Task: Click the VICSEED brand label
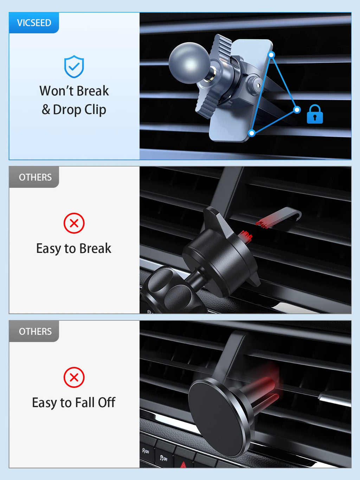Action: [34, 23]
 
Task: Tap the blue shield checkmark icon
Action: [74, 66]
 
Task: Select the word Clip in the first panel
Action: [95, 110]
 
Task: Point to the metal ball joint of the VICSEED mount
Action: [189, 63]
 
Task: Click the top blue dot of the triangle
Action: [271, 55]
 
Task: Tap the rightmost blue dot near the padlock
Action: [297, 110]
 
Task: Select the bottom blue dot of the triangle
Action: [252, 133]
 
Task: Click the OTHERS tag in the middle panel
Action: [35, 177]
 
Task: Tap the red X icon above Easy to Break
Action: [74, 223]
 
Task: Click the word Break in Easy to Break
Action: [95, 249]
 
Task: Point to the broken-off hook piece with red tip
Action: [279, 218]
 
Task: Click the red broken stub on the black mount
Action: [245, 237]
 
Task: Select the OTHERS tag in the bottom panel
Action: [35, 331]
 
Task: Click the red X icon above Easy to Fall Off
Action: [74, 377]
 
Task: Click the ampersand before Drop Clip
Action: [46, 110]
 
